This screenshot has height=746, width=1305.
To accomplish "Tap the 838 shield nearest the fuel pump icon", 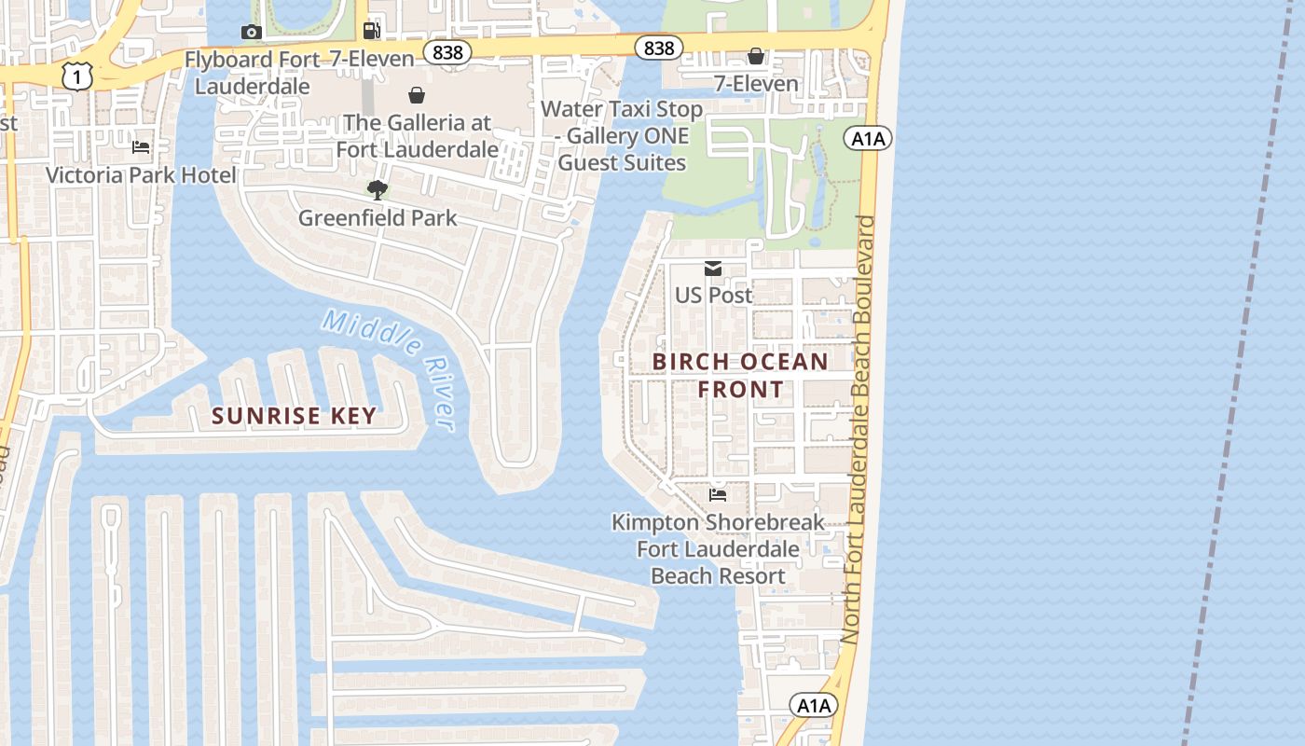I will click(x=447, y=52).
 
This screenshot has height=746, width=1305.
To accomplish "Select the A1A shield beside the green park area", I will click(x=868, y=139).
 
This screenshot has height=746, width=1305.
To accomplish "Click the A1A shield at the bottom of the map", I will click(x=814, y=706).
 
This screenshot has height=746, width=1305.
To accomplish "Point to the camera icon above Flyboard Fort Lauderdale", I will click(x=250, y=33).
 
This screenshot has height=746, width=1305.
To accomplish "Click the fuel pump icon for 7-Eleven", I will click(x=372, y=31).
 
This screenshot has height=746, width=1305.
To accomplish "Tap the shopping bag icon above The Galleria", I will click(x=417, y=95).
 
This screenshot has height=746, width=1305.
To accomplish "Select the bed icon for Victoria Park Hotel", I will click(x=141, y=147).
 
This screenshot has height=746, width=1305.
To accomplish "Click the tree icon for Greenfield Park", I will click(x=378, y=191).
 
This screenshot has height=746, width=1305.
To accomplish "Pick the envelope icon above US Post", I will click(x=713, y=269).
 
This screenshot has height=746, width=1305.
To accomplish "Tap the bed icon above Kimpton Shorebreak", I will click(x=718, y=494).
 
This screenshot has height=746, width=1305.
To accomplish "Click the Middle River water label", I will click(x=391, y=368).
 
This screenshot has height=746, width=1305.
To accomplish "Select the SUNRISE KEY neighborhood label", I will click(x=294, y=416).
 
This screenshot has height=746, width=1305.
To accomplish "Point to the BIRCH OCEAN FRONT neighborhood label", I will click(x=740, y=375).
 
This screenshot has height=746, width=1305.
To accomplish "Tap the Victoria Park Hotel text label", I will click(x=141, y=175).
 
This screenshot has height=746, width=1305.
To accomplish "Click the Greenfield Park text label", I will click(x=378, y=218).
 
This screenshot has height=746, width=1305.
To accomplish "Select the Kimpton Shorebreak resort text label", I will click(x=718, y=549).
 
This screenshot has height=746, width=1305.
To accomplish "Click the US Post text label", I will click(x=713, y=295).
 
